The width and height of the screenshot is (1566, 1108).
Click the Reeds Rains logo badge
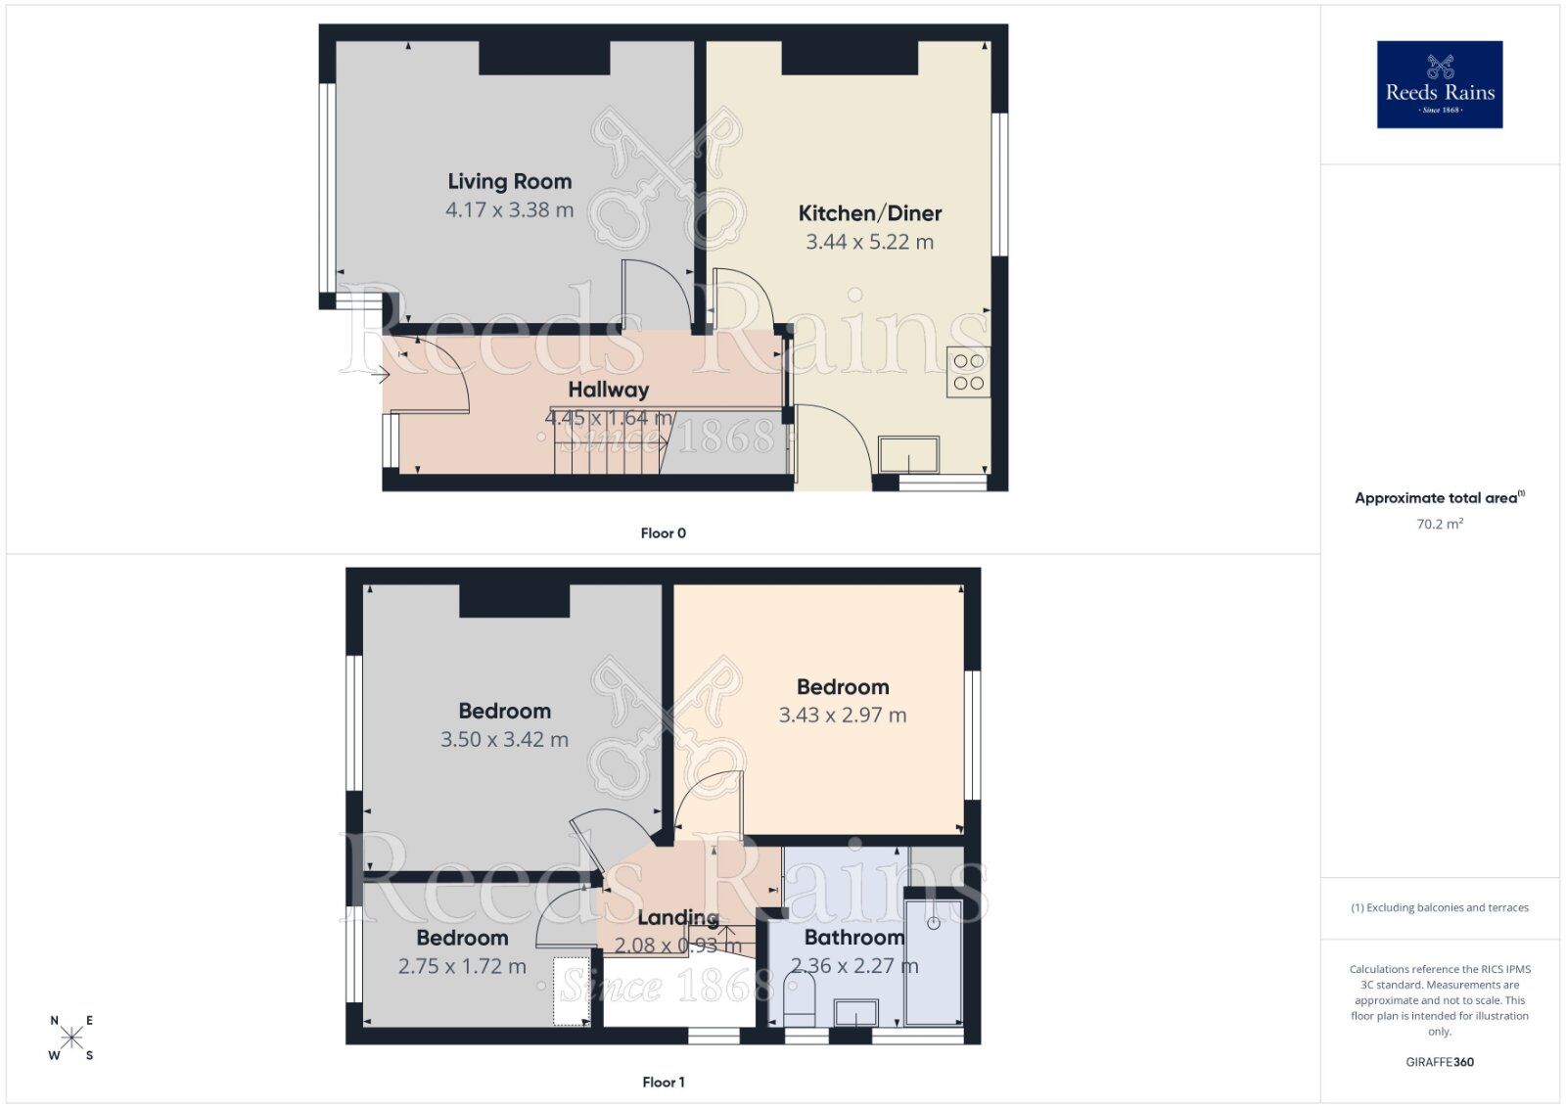(1439, 84)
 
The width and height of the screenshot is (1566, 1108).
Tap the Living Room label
(509, 181)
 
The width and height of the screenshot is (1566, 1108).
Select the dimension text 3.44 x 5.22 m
(869, 242)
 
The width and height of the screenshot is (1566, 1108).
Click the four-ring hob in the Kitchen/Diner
(968, 372)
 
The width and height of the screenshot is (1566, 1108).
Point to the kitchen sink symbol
(909, 455)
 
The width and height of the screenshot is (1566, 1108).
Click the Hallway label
(609, 390)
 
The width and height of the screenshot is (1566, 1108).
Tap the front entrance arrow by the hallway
(381, 371)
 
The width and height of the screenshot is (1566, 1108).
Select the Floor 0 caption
(663, 533)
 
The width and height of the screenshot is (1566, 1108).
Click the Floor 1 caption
(663, 1082)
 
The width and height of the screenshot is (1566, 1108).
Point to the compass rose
(71, 1039)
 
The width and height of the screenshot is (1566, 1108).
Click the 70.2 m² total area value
(1439, 524)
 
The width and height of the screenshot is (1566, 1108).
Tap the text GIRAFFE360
(1439, 1061)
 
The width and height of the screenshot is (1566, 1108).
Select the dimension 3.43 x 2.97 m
(842, 716)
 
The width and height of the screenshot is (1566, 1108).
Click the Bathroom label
(853, 938)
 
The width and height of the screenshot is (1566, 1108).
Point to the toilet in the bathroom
(800, 998)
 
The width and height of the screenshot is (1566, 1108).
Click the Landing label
(677, 918)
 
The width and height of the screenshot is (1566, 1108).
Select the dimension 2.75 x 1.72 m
(462, 966)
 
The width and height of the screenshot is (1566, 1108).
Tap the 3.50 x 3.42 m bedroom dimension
(504, 739)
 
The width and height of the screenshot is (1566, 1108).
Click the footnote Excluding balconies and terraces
(1439, 907)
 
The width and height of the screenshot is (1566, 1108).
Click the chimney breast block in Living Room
(544, 59)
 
